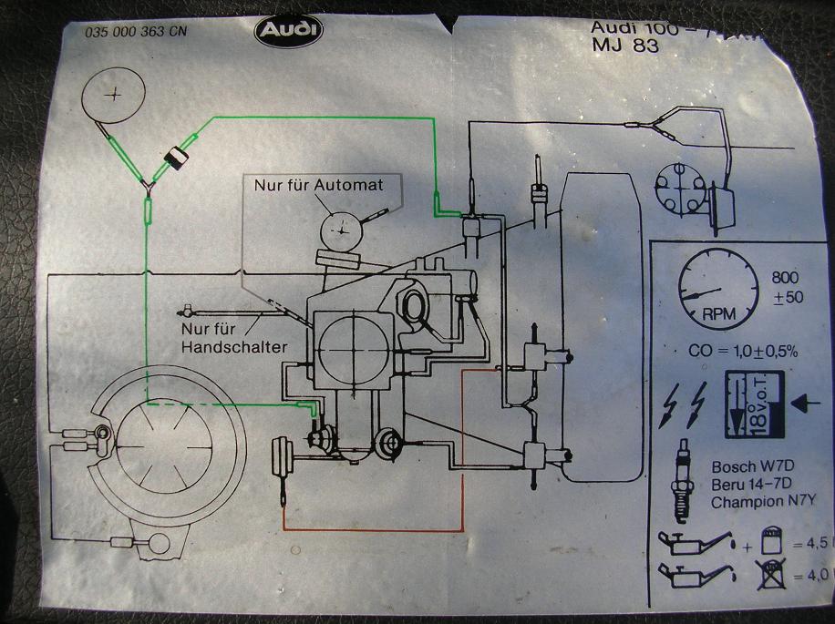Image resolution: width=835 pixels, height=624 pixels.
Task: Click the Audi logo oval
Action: tap(288, 34)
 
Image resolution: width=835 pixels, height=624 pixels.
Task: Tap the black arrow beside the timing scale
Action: tap(807, 402)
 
